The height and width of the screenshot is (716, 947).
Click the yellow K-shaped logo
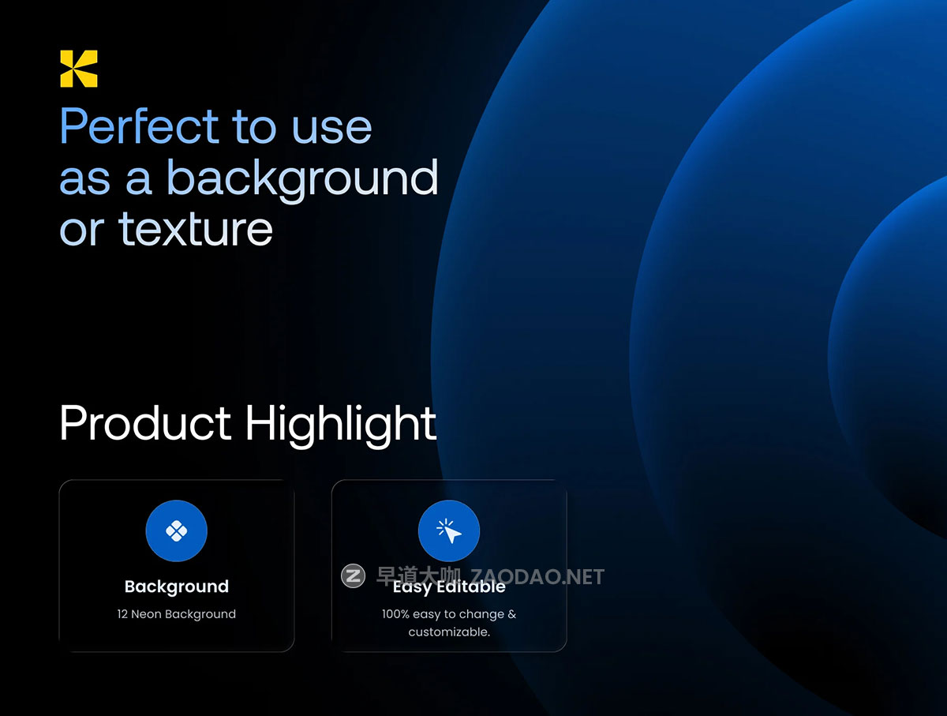[78, 69]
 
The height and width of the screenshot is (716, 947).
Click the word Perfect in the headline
[140, 126]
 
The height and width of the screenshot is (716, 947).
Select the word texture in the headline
[196, 229]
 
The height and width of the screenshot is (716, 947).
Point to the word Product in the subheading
[146, 423]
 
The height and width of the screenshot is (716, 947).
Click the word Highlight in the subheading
[341, 425]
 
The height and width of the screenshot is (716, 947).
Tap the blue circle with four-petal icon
[177, 530]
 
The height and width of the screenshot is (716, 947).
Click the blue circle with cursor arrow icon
[449, 530]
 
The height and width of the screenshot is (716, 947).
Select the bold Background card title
[177, 587]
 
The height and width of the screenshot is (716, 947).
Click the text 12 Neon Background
[177, 614]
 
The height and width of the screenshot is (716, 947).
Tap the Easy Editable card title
[449, 587]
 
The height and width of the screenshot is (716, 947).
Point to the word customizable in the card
[449, 632]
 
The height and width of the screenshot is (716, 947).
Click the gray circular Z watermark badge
[353, 575]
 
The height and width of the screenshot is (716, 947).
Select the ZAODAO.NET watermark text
[537, 577]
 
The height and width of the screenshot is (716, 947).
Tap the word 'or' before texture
[82, 231]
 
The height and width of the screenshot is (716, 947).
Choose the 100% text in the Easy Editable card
[395, 613]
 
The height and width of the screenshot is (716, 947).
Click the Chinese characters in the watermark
[418, 575]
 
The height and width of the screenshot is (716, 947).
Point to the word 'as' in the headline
[85, 181]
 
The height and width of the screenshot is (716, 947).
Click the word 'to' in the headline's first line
[254, 127]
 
